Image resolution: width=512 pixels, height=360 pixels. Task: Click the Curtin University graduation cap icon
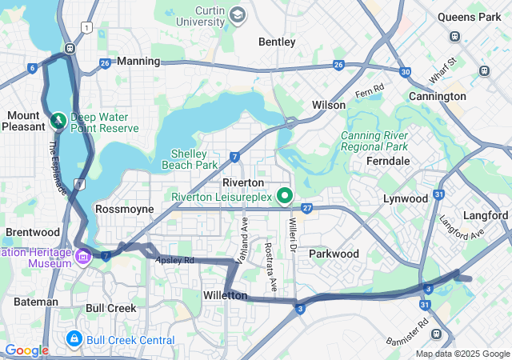(238, 14)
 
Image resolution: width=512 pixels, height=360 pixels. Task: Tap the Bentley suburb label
(277, 42)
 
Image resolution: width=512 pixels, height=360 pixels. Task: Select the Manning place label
(138, 61)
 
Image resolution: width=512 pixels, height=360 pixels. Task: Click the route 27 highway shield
(307, 208)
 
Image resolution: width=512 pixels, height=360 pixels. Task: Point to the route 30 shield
(406, 72)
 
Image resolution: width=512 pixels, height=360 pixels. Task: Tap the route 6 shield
(31, 68)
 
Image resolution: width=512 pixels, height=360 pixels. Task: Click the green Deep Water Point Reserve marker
(58, 121)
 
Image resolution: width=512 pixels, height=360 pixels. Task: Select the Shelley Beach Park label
(194, 159)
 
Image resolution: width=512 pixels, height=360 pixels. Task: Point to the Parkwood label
(334, 254)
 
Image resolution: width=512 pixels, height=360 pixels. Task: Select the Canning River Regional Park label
(374, 141)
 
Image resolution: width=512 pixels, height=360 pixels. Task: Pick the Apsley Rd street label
(175, 260)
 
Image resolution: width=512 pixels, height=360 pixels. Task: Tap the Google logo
(26, 350)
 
